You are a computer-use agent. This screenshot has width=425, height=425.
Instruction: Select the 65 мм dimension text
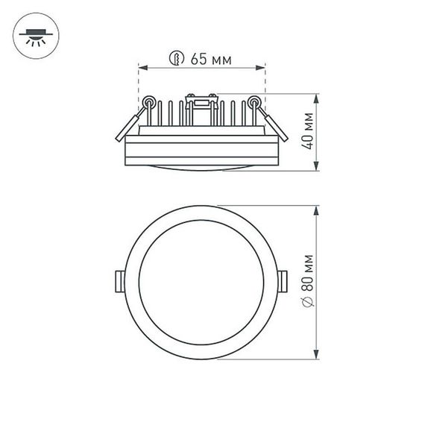tap(210, 60)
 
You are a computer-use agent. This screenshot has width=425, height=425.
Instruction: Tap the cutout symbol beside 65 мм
tap(176, 60)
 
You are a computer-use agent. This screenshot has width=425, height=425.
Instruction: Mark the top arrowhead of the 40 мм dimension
tap(318, 98)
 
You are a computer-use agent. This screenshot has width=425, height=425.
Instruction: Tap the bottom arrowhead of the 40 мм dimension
tap(318, 169)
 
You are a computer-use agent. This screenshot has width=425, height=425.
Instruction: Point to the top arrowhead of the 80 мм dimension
tap(318, 207)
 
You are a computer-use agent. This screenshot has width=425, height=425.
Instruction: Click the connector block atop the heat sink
tap(201, 98)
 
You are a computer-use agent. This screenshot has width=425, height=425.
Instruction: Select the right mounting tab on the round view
tap(286, 280)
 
